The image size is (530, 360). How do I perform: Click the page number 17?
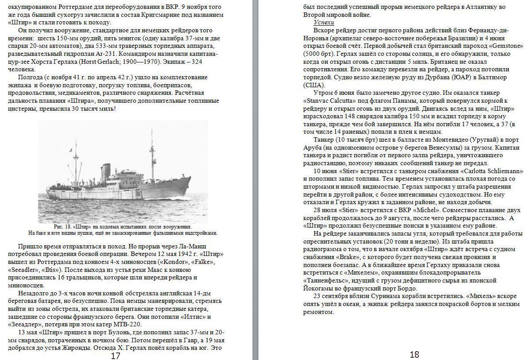coord(116,356)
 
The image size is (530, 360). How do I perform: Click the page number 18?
coord(414,354)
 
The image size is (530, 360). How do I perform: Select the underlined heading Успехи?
coord(324,22)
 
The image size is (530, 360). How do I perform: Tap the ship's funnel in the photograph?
coord(106,171)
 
